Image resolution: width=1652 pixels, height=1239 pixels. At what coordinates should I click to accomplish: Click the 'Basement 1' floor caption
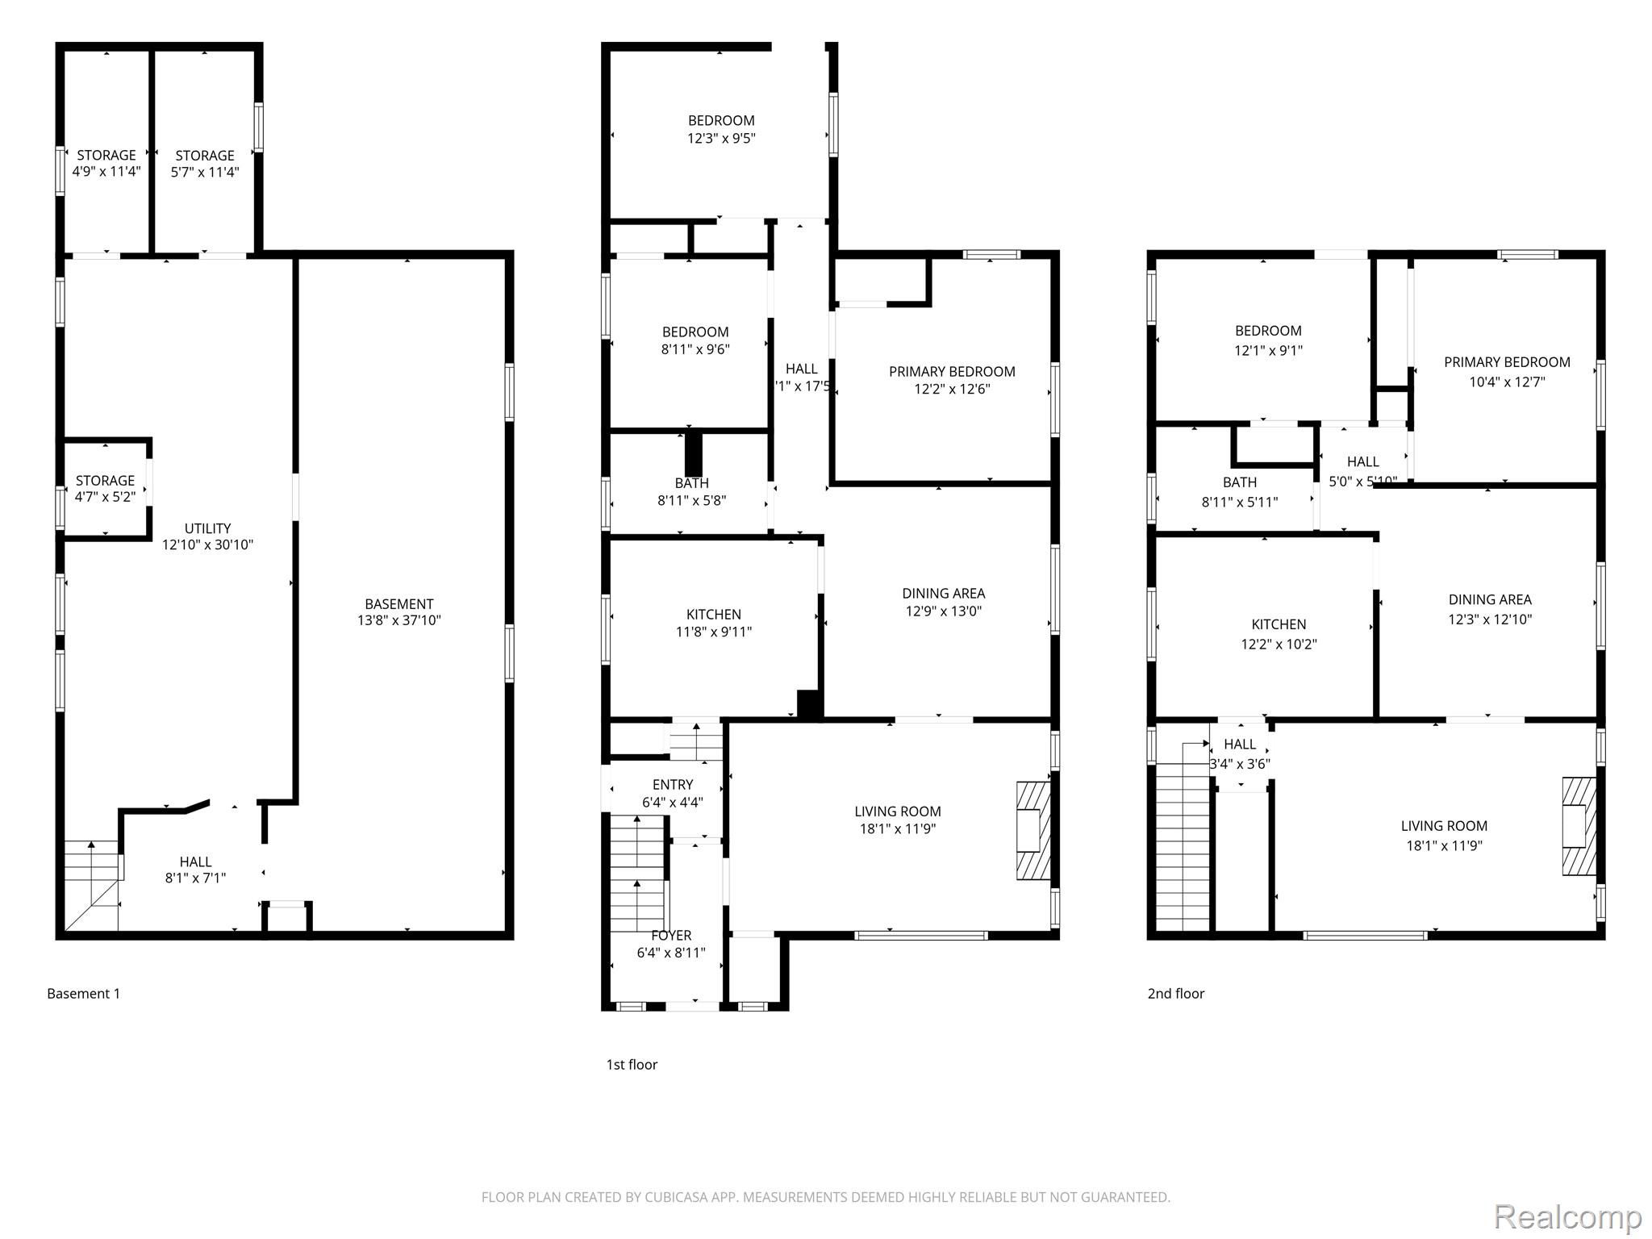83,994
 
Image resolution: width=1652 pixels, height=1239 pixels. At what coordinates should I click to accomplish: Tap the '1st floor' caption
632,1065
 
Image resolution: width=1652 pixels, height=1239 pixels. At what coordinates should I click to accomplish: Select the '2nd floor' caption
1176,994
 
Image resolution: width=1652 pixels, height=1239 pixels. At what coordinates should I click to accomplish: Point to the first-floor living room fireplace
1033,830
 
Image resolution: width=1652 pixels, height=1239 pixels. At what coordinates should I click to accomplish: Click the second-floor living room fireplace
1579,826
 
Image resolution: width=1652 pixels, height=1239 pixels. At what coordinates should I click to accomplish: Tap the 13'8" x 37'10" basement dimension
399,620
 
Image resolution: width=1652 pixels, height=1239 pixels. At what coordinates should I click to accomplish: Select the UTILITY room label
208,528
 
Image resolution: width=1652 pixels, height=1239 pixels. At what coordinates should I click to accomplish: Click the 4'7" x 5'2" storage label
105,489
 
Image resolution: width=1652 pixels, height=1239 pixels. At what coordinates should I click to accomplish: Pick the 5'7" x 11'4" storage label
205,164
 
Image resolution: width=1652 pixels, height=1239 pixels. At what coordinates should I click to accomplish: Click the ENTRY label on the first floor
673,785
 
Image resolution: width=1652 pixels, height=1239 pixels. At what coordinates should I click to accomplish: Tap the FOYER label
671,936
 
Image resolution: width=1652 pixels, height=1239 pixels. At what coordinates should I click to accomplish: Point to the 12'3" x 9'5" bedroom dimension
721,138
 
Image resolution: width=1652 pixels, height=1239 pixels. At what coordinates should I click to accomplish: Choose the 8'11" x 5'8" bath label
692,492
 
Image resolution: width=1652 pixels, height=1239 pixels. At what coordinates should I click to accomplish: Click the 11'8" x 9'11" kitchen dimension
714,632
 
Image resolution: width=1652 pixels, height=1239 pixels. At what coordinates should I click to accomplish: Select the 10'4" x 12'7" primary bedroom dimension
1507,382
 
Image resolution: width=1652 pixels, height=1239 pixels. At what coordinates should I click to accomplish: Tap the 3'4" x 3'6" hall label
1240,754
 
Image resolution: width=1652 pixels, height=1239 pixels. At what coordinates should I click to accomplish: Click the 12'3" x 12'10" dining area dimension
1490,619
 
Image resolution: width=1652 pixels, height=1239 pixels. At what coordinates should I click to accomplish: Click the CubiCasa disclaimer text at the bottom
826,1197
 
